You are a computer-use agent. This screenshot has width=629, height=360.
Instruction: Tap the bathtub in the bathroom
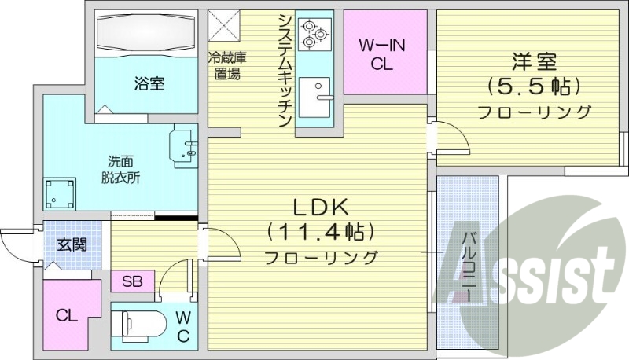tap(145, 34)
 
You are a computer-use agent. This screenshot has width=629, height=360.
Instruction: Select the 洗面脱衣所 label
tap(120, 169)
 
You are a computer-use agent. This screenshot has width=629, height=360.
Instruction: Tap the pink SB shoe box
tap(131, 281)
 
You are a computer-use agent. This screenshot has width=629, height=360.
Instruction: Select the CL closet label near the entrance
tap(66, 316)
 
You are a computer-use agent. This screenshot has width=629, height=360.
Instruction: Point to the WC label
tap(182, 327)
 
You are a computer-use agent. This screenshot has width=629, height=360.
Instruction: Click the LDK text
tap(320, 208)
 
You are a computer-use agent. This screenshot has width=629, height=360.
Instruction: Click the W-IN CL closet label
tap(382, 55)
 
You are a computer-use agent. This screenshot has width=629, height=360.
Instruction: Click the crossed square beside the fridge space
tap(224, 24)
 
